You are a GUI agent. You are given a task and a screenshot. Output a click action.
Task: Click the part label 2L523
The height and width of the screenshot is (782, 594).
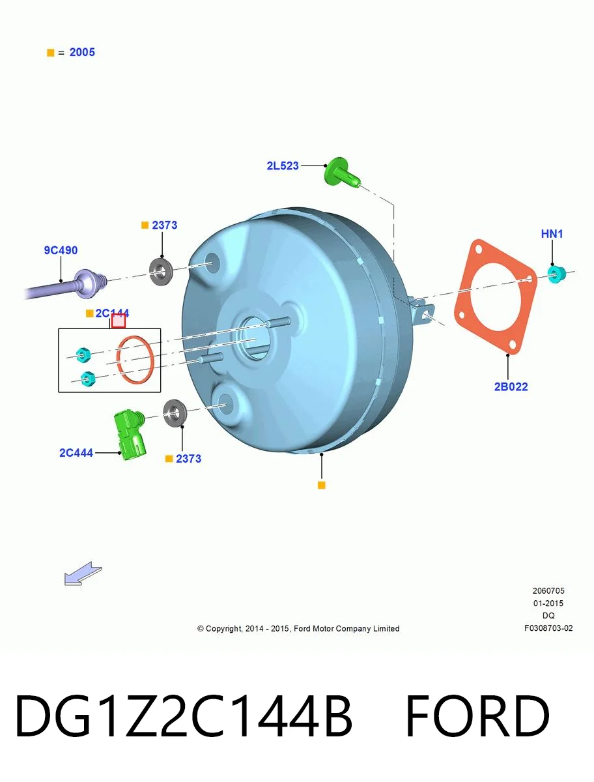coord(283,166)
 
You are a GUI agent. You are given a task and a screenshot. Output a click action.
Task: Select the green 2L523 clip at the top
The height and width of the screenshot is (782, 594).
coord(342,173)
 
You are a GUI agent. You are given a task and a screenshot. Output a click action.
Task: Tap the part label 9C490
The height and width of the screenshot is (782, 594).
coord(61,250)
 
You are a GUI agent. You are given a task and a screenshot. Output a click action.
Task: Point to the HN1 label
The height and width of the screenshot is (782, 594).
coord(552,234)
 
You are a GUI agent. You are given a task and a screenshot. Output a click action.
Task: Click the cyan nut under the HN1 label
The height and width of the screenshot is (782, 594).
coord(556,274)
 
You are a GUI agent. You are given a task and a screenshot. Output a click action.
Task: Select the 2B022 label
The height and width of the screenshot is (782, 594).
coord(511,386)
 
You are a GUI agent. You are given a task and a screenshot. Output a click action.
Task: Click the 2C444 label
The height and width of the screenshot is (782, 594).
coord(76,452)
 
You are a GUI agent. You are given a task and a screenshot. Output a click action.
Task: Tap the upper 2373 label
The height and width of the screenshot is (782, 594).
coord(164,225)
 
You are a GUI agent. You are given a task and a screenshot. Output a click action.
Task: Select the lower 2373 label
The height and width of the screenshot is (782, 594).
coord(188,459)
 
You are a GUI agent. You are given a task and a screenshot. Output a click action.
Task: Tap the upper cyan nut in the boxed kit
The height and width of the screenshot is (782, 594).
coord(83,355)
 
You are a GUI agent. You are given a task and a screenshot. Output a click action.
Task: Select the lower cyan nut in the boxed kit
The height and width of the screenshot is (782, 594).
coord(87,379)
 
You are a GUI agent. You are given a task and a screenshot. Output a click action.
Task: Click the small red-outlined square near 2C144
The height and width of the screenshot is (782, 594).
coord(118,321)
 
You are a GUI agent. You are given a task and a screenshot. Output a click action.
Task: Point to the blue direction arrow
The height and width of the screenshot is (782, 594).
coord(83,573)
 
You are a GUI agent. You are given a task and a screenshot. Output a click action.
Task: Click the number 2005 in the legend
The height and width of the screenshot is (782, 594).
coord(82,52)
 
